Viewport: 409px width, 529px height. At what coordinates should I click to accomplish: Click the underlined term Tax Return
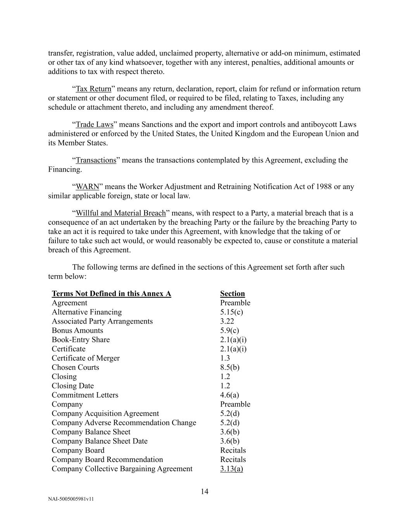(93, 89)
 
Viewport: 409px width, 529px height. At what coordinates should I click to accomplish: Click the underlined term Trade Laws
(95, 125)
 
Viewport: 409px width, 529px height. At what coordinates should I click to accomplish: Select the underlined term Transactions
(96, 160)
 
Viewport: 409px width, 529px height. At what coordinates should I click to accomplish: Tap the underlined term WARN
(88, 187)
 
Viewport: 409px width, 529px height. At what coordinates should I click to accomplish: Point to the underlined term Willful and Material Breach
(121, 213)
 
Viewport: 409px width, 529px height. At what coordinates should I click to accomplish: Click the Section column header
(232, 294)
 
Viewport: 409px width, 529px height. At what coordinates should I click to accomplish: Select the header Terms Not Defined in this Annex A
(111, 294)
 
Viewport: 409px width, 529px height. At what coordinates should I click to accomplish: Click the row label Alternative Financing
(86, 312)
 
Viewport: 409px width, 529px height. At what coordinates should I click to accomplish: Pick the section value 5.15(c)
(231, 312)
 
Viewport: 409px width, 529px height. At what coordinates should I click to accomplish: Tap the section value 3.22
(227, 321)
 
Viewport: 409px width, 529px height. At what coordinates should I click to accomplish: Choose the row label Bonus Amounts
(78, 331)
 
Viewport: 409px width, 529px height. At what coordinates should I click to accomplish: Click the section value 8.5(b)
(230, 367)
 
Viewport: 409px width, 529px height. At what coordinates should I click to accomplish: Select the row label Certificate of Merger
(86, 358)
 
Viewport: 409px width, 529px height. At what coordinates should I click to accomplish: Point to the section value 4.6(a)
(230, 395)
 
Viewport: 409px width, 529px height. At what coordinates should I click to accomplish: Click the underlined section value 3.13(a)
(231, 469)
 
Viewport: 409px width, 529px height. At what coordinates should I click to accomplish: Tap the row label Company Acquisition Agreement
(105, 414)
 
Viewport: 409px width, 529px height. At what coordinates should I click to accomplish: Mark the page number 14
(205, 492)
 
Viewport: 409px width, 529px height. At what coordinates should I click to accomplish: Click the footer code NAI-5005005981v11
(71, 499)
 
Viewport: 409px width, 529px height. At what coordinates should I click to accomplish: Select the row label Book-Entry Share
(81, 340)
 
